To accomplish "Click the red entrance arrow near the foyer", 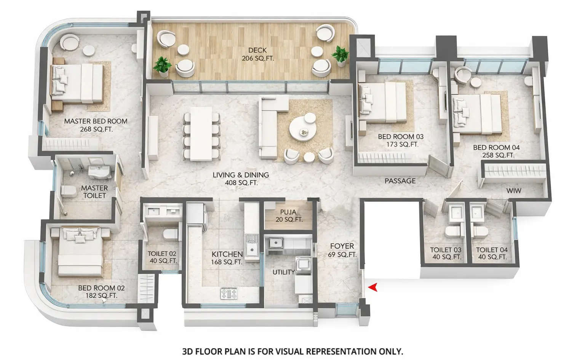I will point(372,287).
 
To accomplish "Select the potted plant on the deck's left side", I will point(163,65).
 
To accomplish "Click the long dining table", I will point(201,133).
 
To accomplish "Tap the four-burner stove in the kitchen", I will point(229,293).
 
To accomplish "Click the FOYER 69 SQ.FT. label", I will point(342,250).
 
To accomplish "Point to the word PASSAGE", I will point(400,181).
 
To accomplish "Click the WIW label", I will point(514,190).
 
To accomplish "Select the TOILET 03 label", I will point(446,253).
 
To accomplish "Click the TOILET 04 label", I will point(492,253).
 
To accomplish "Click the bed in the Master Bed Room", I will point(78,84).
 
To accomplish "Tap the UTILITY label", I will point(283,272).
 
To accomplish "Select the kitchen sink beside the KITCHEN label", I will point(251,249).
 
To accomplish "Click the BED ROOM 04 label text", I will point(496,148).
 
